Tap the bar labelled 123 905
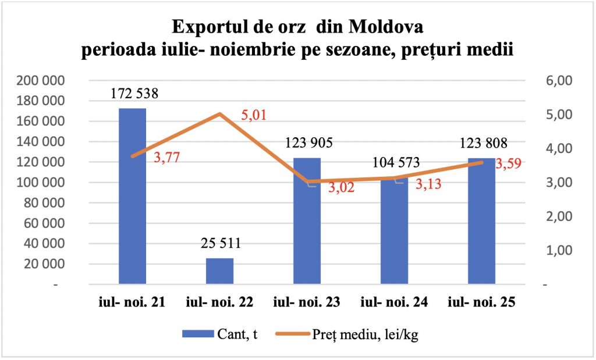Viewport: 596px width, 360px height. click(x=307, y=221)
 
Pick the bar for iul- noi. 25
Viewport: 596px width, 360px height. click(x=481, y=221)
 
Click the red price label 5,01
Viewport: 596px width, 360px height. click(x=253, y=115)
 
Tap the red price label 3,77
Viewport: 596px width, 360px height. click(x=166, y=157)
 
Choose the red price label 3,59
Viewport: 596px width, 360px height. click(x=507, y=163)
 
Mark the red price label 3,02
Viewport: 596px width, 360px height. click(x=341, y=189)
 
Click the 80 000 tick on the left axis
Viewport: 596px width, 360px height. click(x=46, y=203)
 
